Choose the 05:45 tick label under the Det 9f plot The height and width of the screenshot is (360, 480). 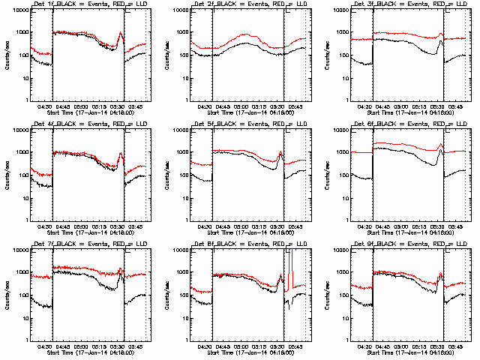tap(456, 346)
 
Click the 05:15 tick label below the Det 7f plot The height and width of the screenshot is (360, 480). tap(100, 346)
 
